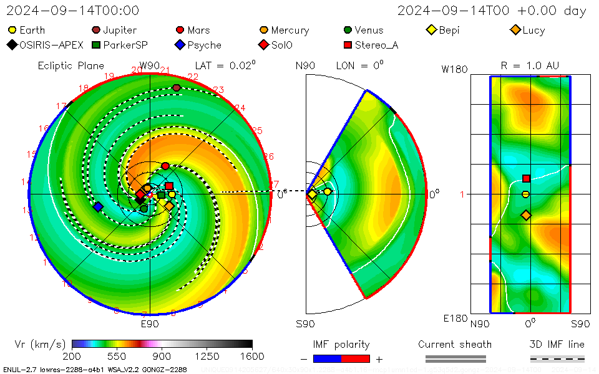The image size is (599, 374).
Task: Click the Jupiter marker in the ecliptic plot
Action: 177,88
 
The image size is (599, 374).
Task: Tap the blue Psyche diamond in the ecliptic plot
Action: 98,206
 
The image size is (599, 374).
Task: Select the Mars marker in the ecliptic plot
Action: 165,166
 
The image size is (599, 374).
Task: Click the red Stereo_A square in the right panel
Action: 526,178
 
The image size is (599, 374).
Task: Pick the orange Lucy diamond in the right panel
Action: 526,215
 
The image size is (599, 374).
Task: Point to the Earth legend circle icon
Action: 12,30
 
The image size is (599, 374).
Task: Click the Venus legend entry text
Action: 369,30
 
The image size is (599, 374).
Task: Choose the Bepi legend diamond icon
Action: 431,30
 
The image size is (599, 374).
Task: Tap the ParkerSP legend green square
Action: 96,45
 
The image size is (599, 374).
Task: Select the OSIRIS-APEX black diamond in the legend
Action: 12,45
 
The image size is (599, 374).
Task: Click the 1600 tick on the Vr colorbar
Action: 252,355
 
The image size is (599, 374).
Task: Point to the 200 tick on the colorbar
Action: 72,355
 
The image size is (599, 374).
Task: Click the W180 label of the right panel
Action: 454,69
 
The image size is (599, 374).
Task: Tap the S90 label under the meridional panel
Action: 305,324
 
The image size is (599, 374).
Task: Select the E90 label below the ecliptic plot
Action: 150,324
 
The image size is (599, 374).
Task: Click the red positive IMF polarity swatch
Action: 356,358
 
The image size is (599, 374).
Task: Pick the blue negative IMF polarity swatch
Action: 327,358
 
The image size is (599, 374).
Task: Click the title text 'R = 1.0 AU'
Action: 530,65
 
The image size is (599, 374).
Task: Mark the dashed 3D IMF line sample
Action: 557,358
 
